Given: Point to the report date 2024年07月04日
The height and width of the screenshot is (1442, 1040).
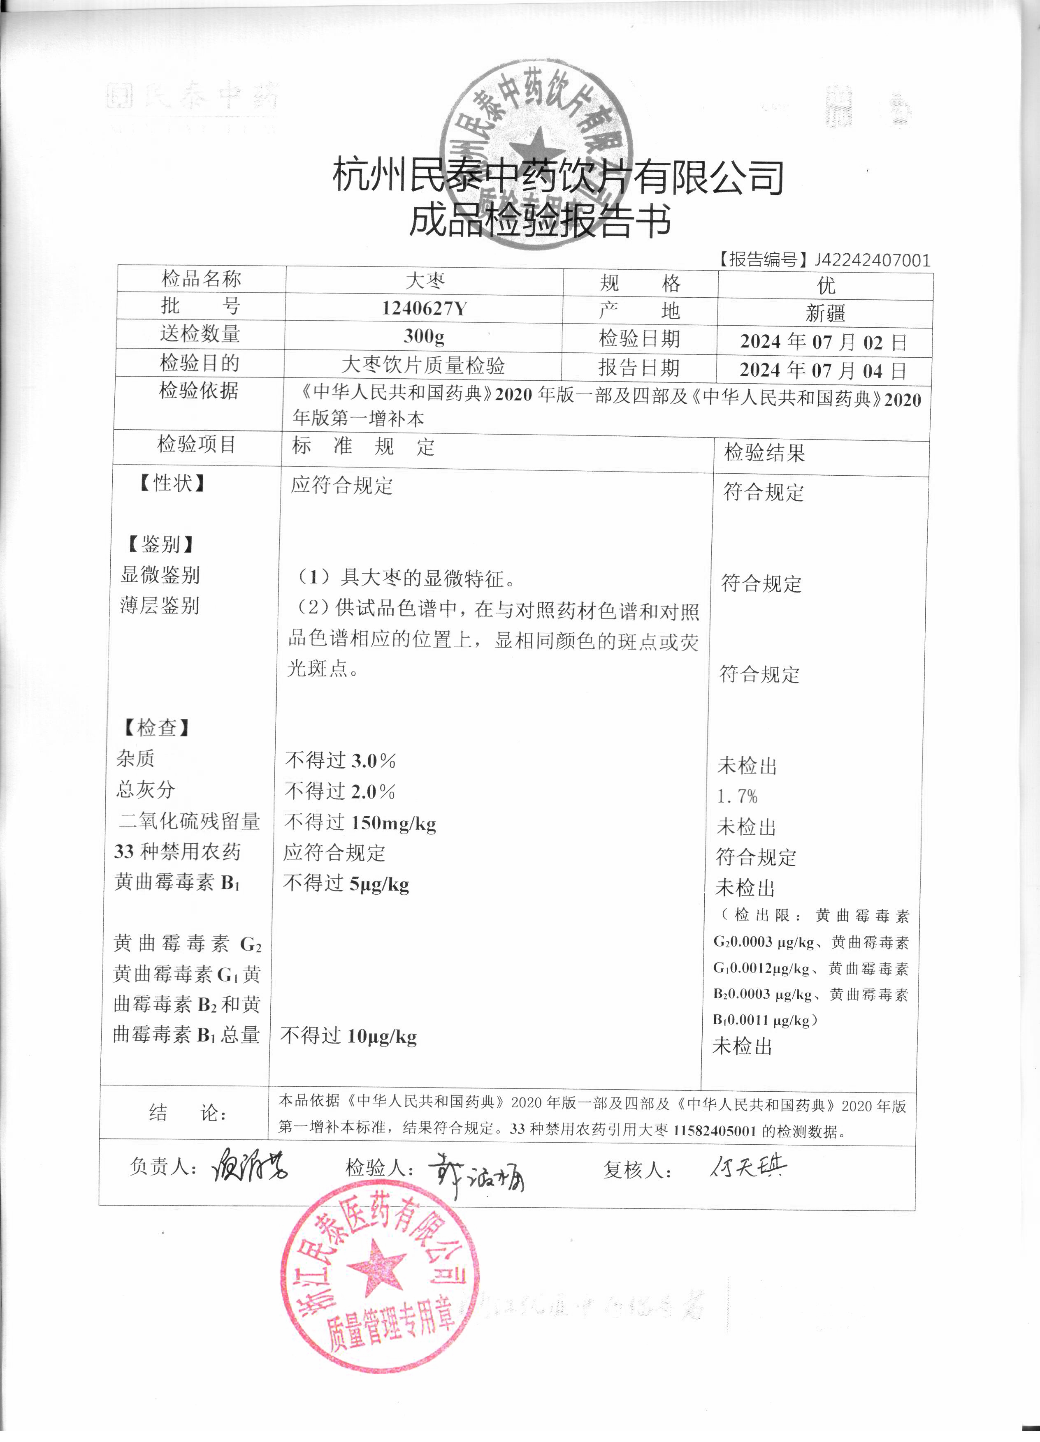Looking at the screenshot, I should pyautogui.click(x=823, y=370).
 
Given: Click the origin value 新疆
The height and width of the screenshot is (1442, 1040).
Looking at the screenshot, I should pyautogui.click(x=826, y=313).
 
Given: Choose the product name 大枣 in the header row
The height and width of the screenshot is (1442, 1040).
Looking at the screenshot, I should pyautogui.click(x=425, y=280).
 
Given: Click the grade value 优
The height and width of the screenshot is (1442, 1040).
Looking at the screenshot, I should pyautogui.click(x=826, y=285).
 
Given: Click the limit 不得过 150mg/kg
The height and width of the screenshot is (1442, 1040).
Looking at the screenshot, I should pyautogui.click(x=360, y=823).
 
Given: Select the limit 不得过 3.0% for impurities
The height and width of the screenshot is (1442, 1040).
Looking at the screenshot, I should pyautogui.click(x=340, y=760).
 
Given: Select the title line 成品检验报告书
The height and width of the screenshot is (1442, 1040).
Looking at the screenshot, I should pyautogui.click(x=539, y=221).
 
